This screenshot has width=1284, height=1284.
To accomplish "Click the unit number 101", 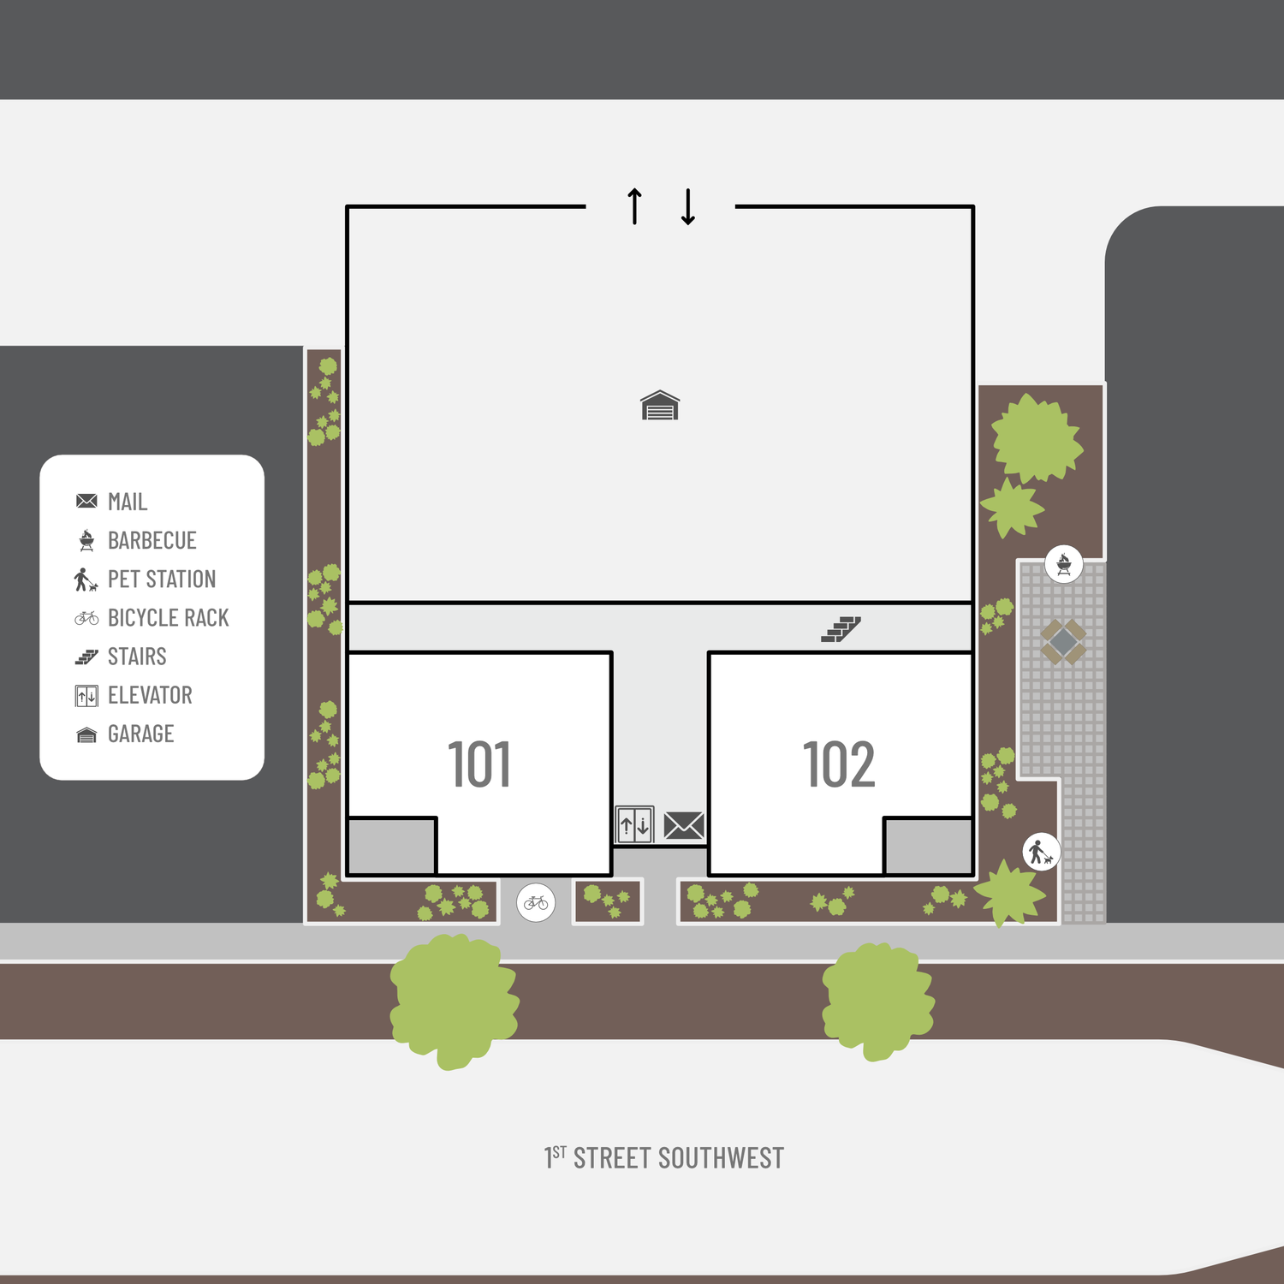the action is [479, 764].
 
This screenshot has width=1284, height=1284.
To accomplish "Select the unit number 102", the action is [840, 764].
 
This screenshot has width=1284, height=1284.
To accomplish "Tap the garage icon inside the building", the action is [660, 406].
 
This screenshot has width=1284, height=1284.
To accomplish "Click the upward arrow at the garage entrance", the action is [634, 206].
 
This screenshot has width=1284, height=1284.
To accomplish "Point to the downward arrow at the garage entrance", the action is [688, 206].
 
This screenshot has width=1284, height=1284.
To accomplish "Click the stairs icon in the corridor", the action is [841, 629].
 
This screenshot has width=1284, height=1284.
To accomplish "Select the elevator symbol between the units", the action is [634, 825].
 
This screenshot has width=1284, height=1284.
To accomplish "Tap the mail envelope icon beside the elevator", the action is [684, 826].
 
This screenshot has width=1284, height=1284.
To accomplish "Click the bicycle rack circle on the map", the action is [536, 903].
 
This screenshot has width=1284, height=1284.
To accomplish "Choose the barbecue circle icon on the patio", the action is [1064, 565].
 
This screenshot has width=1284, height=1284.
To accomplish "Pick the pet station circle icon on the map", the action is [1042, 853].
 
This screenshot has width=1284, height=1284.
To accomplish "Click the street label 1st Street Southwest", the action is [664, 1158].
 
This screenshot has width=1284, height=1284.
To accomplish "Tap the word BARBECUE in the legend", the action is [152, 541].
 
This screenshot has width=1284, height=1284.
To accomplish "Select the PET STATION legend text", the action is [162, 580].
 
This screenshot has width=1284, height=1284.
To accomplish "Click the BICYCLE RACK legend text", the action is [169, 618].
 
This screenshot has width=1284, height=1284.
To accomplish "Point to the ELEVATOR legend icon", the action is [86, 696].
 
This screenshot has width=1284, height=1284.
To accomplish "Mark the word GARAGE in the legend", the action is [141, 734].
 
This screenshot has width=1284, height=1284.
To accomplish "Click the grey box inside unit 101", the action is [392, 847].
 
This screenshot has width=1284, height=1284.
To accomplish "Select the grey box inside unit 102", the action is [928, 847].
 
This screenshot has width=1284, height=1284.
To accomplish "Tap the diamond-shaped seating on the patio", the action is [1063, 641].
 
